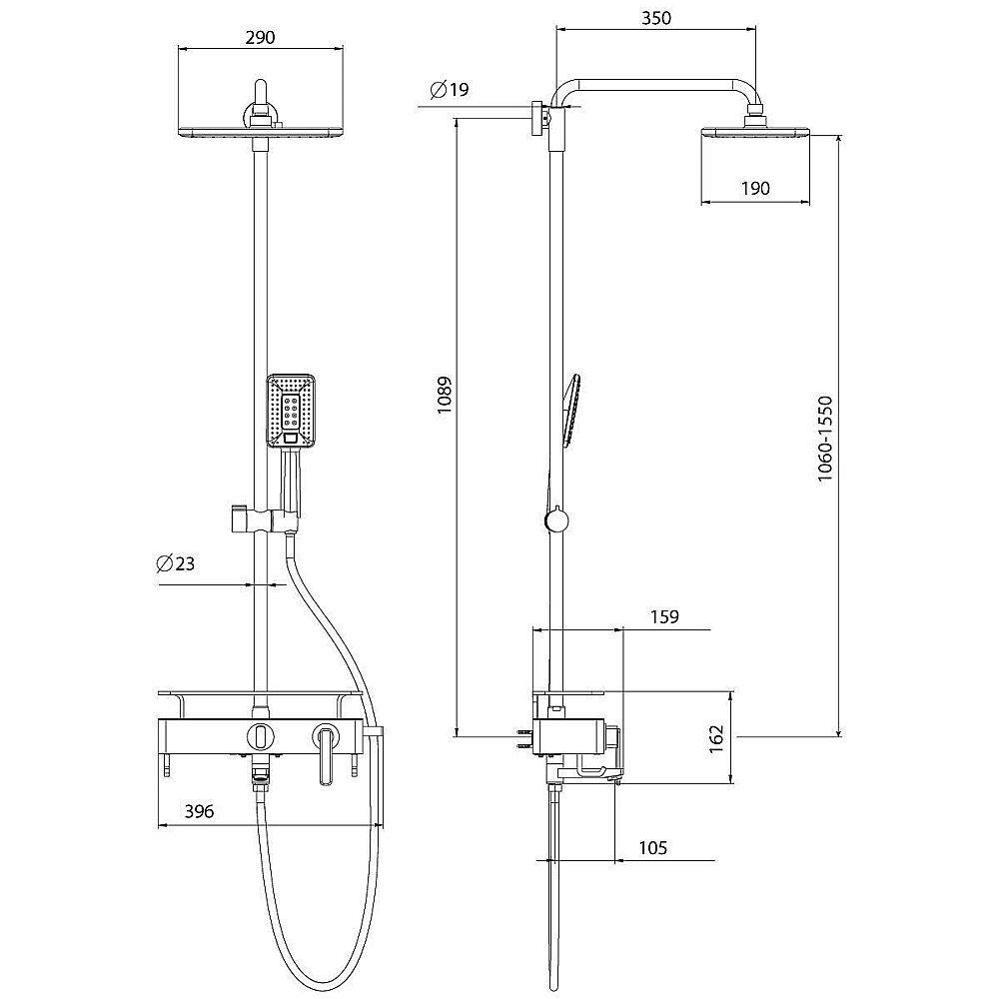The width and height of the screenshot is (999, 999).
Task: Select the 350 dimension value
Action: point(656,18)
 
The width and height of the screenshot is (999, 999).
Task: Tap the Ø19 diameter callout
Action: point(449,91)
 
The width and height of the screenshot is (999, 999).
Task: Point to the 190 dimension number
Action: point(756,188)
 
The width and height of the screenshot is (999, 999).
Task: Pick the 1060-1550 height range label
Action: point(824,439)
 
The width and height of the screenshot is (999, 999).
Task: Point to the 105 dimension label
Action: point(651,848)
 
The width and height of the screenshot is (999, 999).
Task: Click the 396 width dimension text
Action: point(200,812)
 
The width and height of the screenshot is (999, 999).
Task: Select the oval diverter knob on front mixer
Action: point(260,736)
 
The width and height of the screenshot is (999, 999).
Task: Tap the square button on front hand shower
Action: point(291,437)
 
